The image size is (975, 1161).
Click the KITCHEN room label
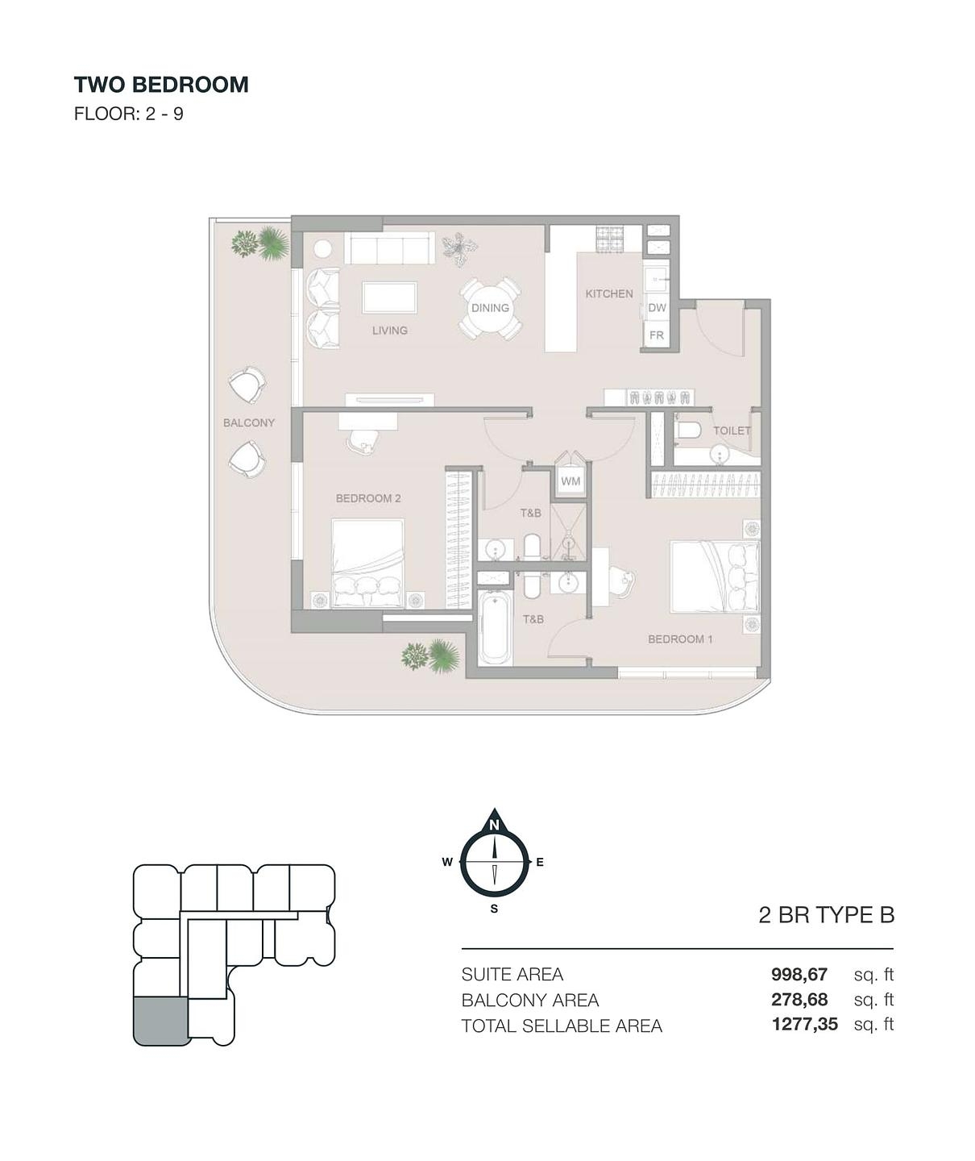[608, 293]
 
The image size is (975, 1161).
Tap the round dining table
[490, 308]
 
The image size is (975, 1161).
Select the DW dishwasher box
[657, 307]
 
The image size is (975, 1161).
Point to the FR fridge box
[657, 335]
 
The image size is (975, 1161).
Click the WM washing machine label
[570, 481]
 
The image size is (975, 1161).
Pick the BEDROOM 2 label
[368, 498]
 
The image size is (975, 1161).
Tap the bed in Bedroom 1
[715, 577]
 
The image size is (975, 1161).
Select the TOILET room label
[732, 431]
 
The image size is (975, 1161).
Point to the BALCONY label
[249, 422]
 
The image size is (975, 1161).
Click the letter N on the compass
[494, 826]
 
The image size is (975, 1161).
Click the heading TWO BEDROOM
[161, 85]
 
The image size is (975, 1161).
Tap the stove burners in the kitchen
[610, 239]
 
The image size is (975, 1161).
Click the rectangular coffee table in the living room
[389, 298]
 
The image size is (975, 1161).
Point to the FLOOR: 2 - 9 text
[128, 114]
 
